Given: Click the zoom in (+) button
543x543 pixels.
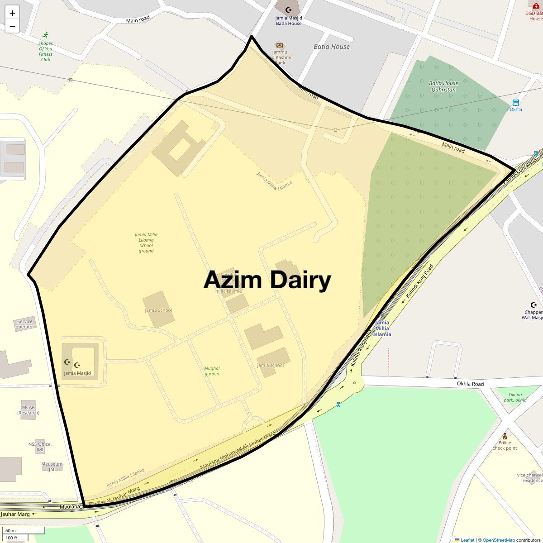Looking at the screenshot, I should click(13, 13).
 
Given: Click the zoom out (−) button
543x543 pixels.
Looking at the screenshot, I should click(13, 26).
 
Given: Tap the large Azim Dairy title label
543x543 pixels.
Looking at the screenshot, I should click(267, 280).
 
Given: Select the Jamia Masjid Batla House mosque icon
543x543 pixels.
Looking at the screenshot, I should click(288, 10).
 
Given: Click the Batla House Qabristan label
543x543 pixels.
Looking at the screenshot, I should click(443, 86).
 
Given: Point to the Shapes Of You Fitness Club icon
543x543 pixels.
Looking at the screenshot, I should click(45, 35).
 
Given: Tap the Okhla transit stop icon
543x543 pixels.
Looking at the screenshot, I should click(515, 103).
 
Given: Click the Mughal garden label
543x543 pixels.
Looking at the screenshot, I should click(212, 371).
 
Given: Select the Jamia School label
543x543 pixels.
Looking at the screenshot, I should click(158, 310).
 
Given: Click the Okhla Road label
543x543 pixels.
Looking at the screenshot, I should click(470, 384).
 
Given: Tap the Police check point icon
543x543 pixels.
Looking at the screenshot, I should click(505, 436).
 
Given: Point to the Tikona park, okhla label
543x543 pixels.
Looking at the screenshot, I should click(515, 397).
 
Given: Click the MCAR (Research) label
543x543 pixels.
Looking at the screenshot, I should click(29, 410).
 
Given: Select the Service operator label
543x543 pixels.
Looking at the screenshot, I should click(25, 324).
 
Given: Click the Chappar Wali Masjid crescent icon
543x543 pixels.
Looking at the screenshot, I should click(533, 305).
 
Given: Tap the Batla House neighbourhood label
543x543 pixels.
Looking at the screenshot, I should click(332, 47).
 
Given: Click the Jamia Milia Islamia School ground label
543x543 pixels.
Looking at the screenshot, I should click(146, 243).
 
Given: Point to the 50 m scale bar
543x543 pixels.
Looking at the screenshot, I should click(25, 530).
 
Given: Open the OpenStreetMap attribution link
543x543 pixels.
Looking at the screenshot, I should click(498, 540).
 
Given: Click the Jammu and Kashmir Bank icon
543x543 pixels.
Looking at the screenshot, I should click(280, 45).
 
